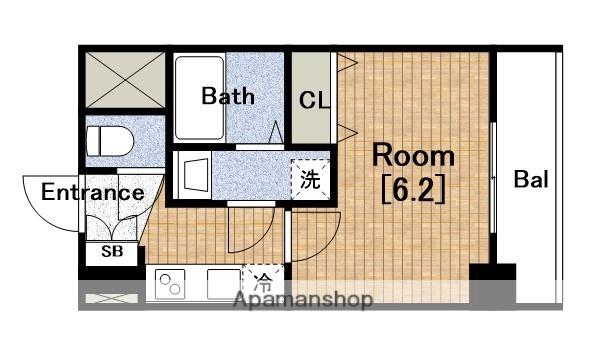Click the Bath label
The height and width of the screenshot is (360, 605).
click(228, 97)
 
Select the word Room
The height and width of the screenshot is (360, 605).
click(413, 156)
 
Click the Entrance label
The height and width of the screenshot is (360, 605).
click(92, 192)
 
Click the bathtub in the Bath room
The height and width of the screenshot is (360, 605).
click(197, 97)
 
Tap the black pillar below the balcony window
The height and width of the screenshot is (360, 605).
click(493, 270)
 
